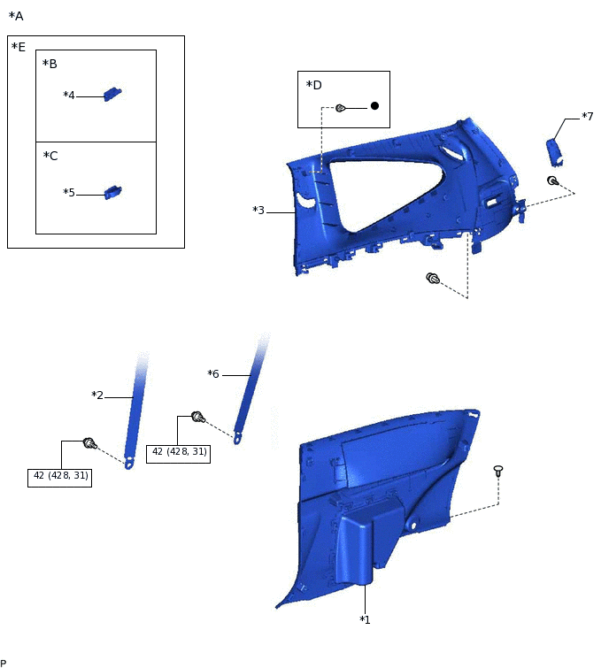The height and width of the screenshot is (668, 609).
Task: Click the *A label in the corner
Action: [16, 17]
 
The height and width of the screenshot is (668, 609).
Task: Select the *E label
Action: [19, 47]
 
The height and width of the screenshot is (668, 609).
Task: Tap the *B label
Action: [50, 65]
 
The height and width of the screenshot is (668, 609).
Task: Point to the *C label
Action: [50, 156]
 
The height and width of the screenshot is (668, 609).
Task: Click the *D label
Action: [313, 85]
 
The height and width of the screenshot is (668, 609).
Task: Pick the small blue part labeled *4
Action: [112, 94]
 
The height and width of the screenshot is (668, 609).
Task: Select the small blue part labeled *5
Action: [112, 191]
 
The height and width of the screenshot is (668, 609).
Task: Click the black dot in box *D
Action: [374, 105]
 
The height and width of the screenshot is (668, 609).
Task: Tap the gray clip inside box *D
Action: [340, 108]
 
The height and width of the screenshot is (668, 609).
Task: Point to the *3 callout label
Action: [258, 211]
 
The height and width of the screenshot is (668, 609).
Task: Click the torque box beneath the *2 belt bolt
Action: [61, 476]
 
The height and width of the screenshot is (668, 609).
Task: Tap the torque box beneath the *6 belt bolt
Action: [179, 451]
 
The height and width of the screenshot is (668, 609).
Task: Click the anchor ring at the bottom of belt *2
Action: [129, 463]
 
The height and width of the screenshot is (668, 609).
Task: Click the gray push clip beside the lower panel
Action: [498, 471]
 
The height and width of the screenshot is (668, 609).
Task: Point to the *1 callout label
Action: [365, 619]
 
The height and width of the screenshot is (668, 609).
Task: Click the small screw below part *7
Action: [552, 181]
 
